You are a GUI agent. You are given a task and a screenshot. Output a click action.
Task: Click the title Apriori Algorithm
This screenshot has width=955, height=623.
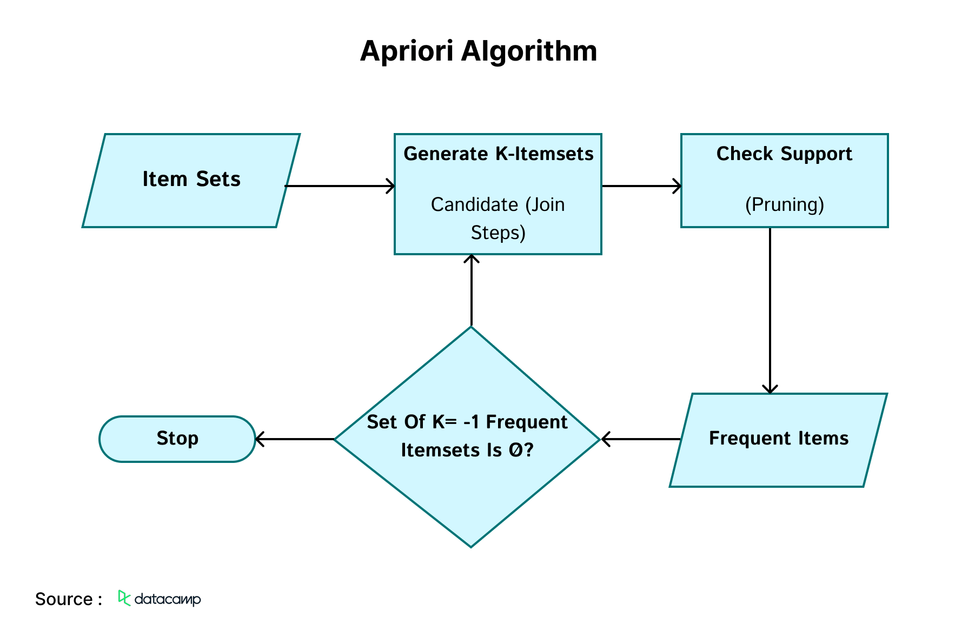478,51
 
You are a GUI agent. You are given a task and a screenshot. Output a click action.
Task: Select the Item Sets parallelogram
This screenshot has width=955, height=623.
191,180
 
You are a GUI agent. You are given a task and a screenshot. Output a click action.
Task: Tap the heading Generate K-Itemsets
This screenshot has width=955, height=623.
498,154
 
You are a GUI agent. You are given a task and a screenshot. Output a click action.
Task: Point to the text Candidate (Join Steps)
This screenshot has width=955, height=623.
498,218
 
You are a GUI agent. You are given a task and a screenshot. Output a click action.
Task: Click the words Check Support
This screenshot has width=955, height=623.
784,154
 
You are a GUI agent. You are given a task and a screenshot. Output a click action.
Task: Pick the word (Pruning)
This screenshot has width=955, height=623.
784,205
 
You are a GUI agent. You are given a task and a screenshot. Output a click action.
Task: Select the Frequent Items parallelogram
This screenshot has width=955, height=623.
778,439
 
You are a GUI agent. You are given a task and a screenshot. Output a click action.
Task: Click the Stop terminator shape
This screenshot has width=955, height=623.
177,439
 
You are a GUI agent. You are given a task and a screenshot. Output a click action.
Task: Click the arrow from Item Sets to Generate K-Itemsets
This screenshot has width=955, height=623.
340,186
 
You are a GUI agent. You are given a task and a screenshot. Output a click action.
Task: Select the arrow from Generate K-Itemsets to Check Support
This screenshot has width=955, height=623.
641,186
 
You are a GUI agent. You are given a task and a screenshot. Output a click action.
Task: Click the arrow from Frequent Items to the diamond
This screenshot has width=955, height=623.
640,439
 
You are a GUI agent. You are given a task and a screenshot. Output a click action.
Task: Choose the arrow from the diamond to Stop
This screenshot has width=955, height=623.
295,439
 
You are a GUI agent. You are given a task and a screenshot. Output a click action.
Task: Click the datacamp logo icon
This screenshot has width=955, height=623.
124,598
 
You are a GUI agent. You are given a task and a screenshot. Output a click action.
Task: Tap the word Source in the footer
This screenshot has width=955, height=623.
64,599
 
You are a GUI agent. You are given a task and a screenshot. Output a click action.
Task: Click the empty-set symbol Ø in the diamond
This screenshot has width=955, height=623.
515,450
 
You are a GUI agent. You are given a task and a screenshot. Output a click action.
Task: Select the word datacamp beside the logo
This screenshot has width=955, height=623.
168,599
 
